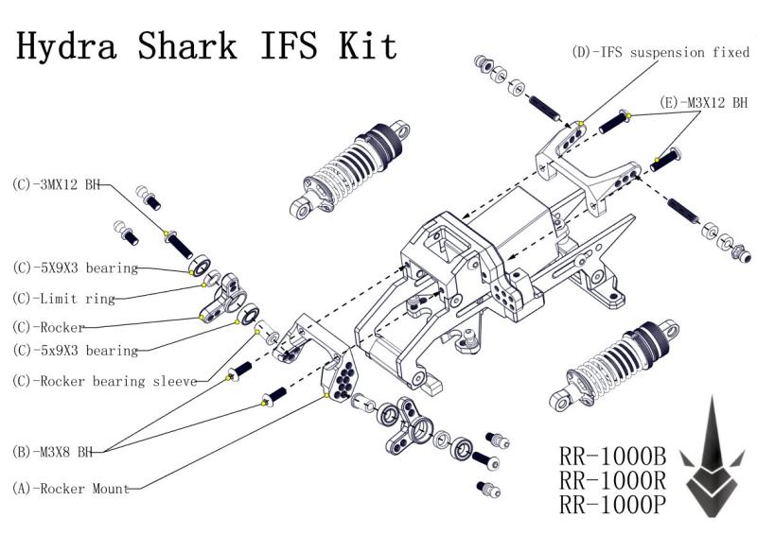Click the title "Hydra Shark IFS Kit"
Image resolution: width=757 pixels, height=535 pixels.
click(x=206, y=45)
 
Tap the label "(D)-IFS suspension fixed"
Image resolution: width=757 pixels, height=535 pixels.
click(x=660, y=53)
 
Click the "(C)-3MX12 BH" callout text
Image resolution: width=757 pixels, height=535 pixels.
click(x=56, y=184)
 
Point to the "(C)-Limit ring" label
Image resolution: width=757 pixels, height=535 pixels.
click(x=64, y=299)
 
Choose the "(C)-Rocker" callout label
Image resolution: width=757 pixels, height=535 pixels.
click(x=49, y=327)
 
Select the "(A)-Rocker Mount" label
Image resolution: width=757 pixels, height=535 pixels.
click(x=71, y=489)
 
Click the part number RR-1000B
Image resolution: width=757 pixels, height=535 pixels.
click(x=613, y=457)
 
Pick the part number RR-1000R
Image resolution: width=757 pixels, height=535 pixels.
click(x=613, y=480)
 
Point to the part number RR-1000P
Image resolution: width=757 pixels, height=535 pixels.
click(x=613, y=505)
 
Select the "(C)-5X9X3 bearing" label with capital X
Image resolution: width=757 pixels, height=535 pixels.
click(x=75, y=268)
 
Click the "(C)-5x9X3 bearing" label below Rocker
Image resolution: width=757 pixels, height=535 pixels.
click(x=75, y=351)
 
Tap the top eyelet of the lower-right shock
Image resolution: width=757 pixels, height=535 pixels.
click(x=670, y=329)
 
